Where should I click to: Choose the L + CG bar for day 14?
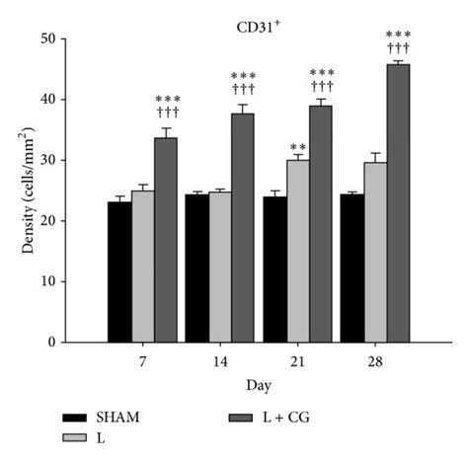243,228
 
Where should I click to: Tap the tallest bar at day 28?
398,203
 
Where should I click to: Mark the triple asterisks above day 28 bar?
399,34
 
